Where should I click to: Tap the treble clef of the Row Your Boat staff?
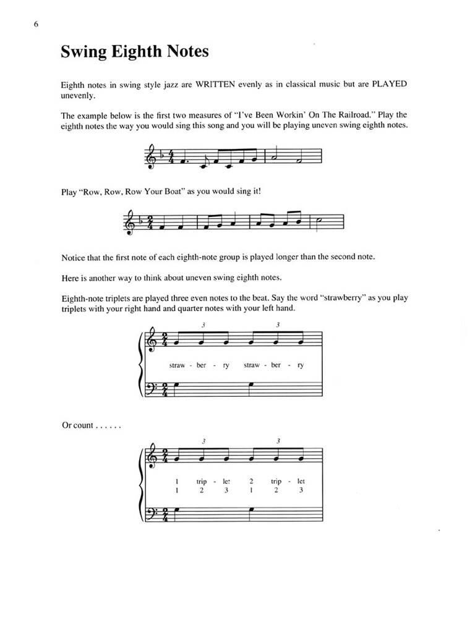[x=128, y=219]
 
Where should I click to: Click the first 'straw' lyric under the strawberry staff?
[x=177, y=365]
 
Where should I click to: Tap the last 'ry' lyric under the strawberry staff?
[x=300, y=365]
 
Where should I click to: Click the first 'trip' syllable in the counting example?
[x=202, y=480]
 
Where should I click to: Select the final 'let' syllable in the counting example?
[x=301, y=480]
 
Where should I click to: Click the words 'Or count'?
[x=77, y=426]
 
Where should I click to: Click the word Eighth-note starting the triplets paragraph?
[x=82, y=298]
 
